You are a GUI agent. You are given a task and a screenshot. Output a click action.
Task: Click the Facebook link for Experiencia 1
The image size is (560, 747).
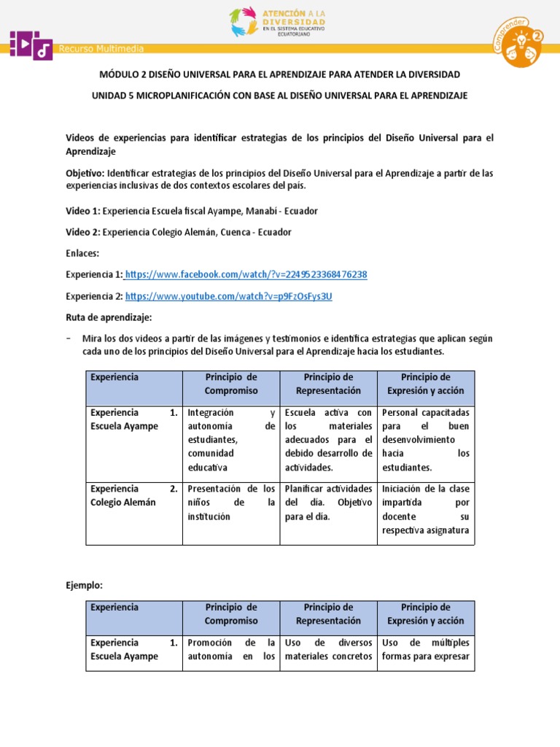(x=246, y=274)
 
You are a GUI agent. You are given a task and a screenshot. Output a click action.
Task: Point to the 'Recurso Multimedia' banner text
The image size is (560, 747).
(x=101, y=49)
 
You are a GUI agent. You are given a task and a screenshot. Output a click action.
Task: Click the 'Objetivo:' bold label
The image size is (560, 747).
(x=85, y=174)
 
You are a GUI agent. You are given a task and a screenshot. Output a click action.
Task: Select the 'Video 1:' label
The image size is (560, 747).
(x=83, y=211)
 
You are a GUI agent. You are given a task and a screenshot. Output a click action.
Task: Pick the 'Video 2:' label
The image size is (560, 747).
(x=83, y=233)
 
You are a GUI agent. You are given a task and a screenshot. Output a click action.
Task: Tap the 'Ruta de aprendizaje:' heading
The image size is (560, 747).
(x=108, y=318)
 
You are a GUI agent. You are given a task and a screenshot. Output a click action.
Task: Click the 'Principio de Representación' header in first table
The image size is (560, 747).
(x=328, y=384)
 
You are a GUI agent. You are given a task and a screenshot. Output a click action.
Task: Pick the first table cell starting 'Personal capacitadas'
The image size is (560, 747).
(x=426, y=440)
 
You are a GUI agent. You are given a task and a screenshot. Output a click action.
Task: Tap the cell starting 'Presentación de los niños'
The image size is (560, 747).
(x=231, y=503)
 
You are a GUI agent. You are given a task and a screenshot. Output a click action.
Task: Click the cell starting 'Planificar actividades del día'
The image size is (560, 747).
(x=328, y=503)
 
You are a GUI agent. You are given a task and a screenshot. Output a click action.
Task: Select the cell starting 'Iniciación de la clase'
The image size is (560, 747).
(x=426, y=509)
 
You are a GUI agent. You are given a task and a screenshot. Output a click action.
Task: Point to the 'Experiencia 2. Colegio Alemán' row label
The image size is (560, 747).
(x=132, y=495)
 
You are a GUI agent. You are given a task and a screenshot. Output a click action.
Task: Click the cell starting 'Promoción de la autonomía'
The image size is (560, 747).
(x=231, y=649)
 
